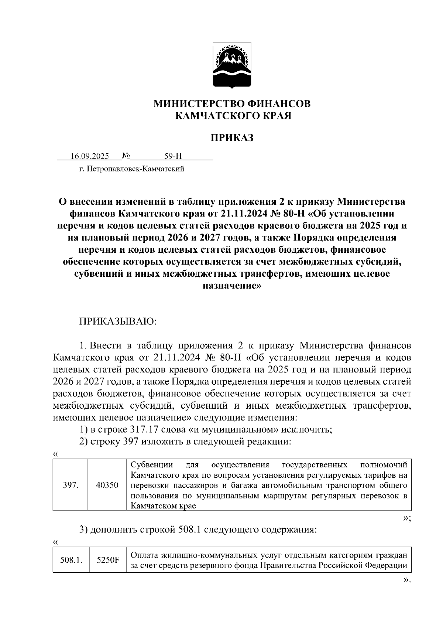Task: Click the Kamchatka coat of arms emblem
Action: click(x=232, y=66)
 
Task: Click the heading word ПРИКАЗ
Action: click(x=232, y=138)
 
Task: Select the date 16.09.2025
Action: click(x=90, y=156)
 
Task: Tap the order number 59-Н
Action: click(x=173, y=156)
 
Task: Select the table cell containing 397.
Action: click(x=70, y=485)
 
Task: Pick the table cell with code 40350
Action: click(x=107, y=485)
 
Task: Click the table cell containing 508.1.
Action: click(x=71, y=560)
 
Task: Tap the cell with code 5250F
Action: click(x=108, y=560)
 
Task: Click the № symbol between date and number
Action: click(x=126, y=156)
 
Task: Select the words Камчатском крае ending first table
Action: click(x=163, y=506)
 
